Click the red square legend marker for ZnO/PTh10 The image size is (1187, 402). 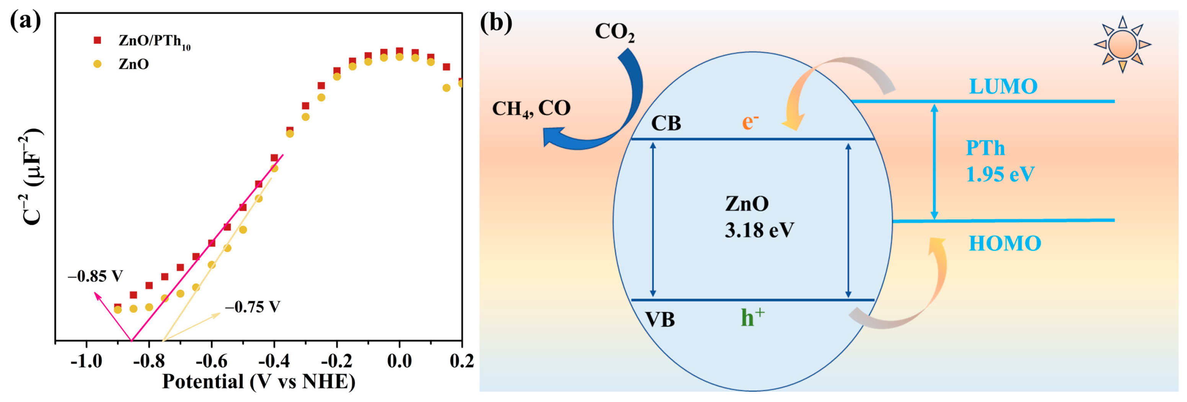coord(97,41)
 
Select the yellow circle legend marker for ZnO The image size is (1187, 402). coord(97,64)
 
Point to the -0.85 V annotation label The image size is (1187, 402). coord(95,276)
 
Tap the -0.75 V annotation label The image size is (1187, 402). coord(253,307)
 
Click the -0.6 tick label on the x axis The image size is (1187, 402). coord(212,361)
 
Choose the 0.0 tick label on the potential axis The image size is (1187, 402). coord(399,361)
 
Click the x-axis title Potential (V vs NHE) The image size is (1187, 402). coord(259,381)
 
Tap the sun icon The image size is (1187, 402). coord(1122,45)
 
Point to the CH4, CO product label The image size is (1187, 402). coord(531,109)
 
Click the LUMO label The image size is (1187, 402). coord(1003,86)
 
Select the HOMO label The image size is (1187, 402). coord(1005,243)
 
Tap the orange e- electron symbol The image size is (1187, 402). coord(750,122)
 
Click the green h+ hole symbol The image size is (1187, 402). coord(752,317)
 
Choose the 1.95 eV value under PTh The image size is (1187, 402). coord(1000,174)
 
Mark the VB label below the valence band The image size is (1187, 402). coord(660,319)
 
